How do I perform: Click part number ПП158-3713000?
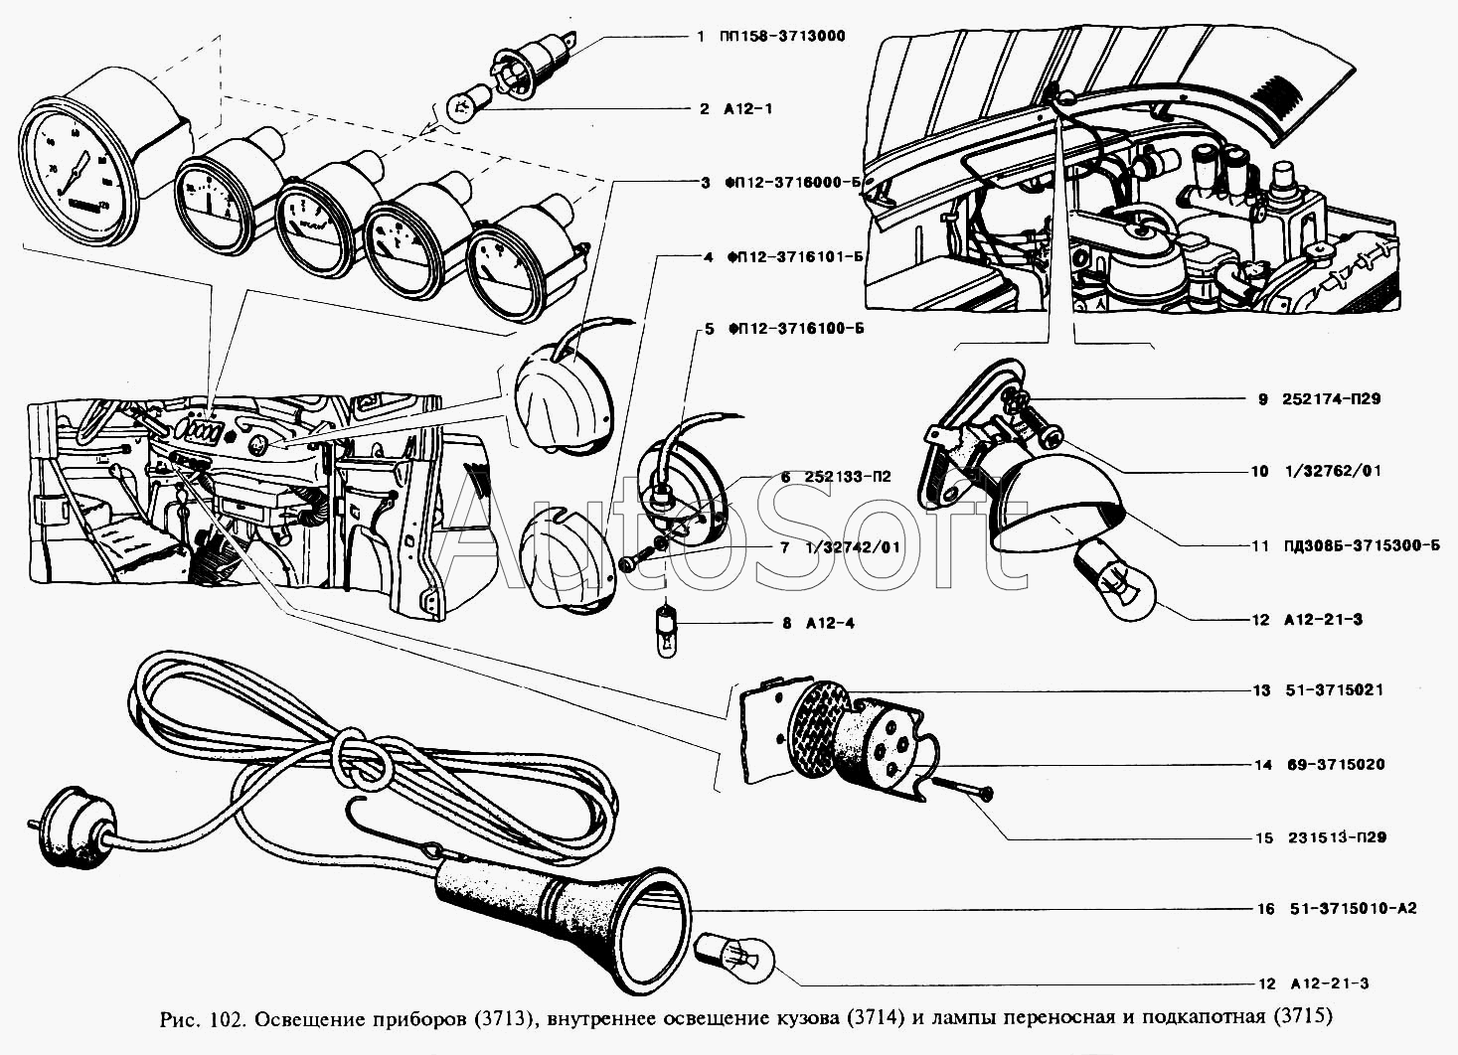coord(784,37)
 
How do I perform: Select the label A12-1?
coord(748,108)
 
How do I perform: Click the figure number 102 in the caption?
coord(223,1017)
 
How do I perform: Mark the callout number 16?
coord(1263,909)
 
